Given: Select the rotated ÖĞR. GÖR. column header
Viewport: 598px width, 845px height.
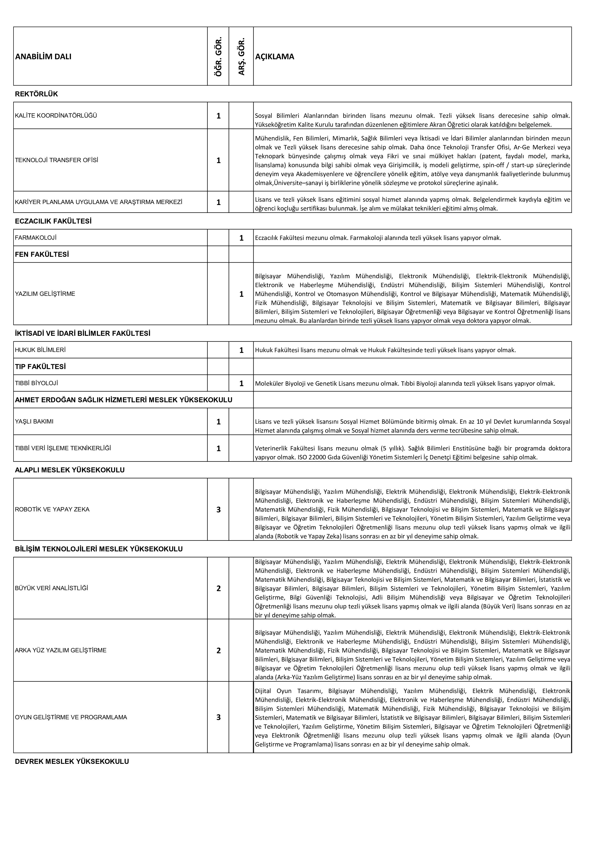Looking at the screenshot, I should [x=218, y=56].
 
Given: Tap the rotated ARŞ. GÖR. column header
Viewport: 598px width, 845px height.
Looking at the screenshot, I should [x=241, y=57].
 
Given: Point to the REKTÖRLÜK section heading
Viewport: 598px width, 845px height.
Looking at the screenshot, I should [x=36, y=94].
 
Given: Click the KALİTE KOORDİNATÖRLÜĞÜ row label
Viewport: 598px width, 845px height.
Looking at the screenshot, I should [x=56, y=116].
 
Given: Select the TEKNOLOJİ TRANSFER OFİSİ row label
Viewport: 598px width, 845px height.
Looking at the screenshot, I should [x=57, y=160].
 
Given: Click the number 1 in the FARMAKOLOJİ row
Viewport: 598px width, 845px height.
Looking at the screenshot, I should [x=241, y=238].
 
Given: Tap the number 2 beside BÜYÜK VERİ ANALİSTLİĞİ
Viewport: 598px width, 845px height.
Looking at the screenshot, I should [x=218, y=588].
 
